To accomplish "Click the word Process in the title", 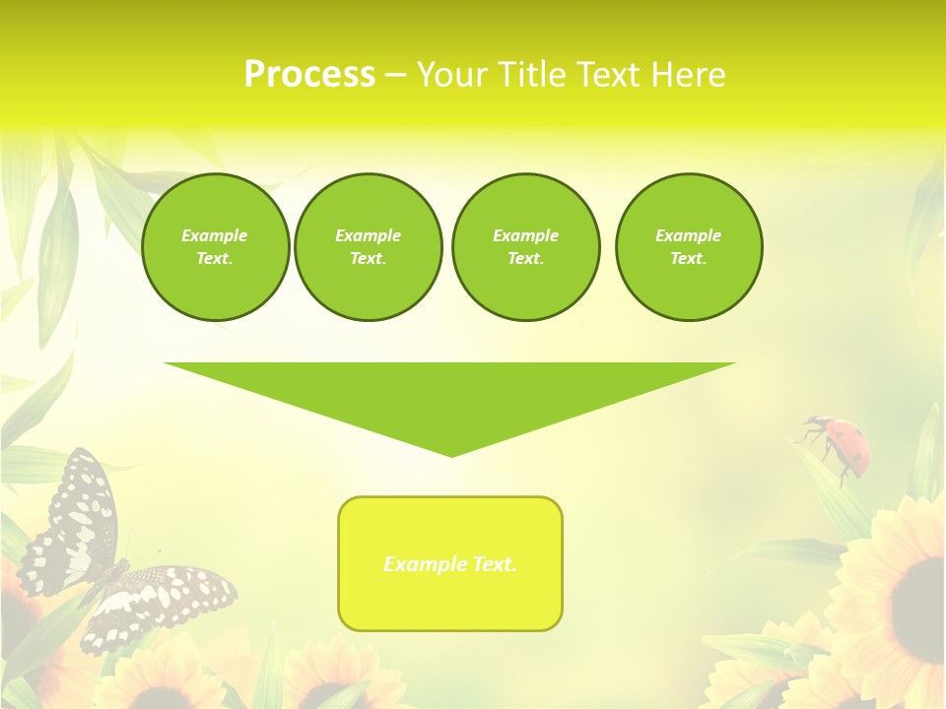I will [x=309, y=75].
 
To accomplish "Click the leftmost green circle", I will [x=215, y=247].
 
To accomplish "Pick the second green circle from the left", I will [x=369, y=247].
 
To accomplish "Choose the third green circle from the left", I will [x=525, y=247].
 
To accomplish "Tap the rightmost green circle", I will [x=689, y=247].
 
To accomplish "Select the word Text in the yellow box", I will [x=491, y=564].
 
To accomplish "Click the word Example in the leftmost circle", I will [x=215, y=235].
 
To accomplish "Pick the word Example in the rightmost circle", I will [x=689, y=235].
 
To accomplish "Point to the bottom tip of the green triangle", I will [x=451, y=454].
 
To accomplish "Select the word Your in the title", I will [x=454, y=75].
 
